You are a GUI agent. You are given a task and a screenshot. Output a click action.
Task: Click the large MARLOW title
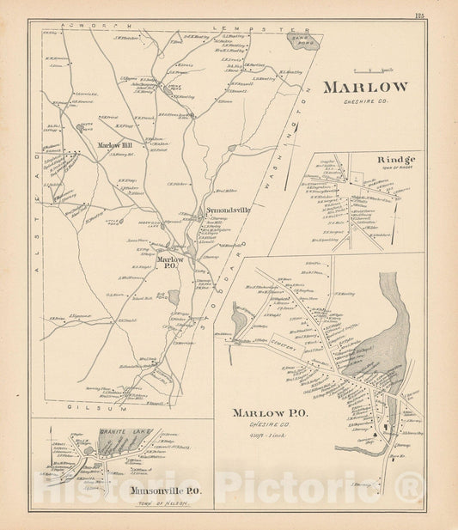(365, 87)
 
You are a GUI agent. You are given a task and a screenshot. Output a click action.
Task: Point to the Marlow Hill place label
(113, 145)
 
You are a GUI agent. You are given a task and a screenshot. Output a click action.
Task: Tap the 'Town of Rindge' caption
(397, 168)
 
